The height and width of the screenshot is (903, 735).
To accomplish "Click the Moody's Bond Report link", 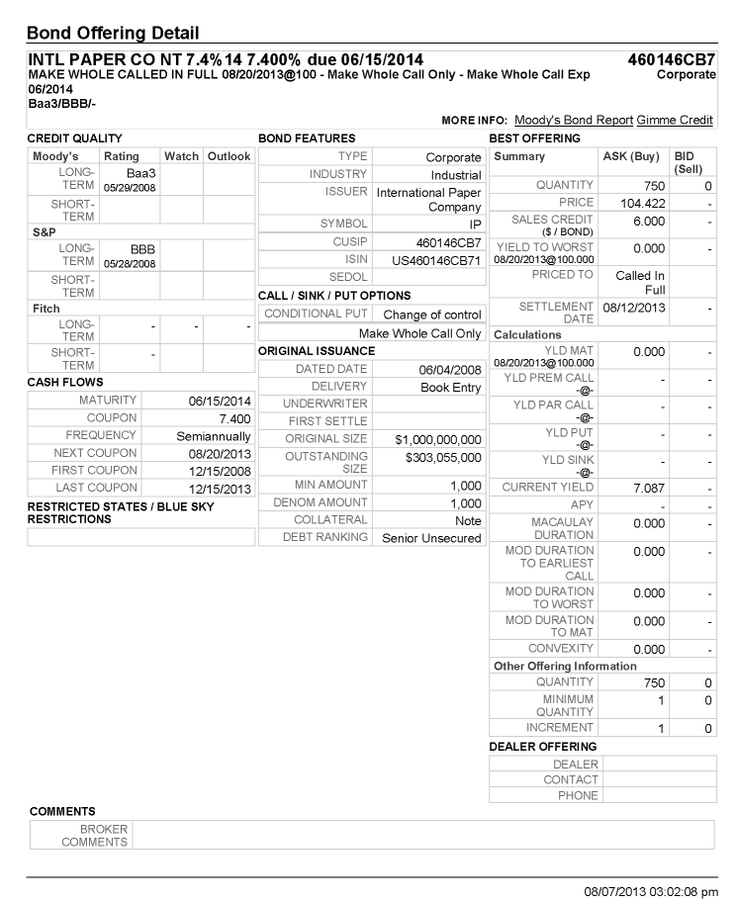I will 574,120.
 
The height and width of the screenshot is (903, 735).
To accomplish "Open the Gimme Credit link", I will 675,120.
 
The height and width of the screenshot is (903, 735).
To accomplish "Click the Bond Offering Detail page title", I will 113,35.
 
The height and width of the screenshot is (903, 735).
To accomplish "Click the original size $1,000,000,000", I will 438,439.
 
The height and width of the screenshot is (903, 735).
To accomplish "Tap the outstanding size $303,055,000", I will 443,458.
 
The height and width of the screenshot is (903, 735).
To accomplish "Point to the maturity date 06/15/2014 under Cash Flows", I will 220,401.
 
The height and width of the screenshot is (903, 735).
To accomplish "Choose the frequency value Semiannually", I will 214,436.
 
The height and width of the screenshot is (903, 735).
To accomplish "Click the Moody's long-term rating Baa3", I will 142,173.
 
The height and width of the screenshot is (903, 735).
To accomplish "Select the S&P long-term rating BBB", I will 142,249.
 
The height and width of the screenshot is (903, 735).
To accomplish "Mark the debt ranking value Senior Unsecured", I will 431,538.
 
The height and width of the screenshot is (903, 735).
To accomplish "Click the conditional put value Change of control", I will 432,315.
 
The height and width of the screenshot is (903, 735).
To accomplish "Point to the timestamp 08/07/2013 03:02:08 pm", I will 650,891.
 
